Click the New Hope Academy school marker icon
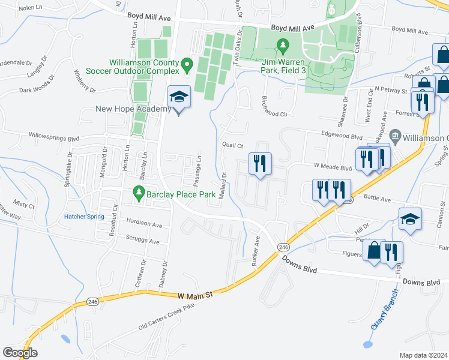point(179,97)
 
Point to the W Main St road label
point(196,295)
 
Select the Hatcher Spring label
point(84,217)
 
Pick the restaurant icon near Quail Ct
point(260,163)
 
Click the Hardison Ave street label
point(145,224)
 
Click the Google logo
point(20,353)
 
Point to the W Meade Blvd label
point(332,168)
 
